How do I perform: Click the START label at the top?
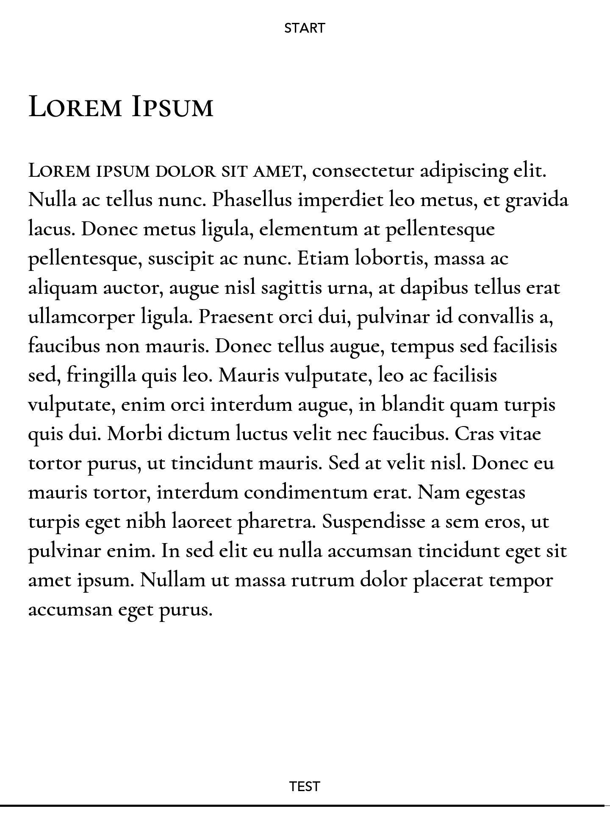point(304,28)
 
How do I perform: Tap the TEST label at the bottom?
point(304,786)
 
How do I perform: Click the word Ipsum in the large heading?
point(172,107)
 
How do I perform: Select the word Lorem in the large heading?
point(75,107)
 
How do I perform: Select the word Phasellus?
point(252,200)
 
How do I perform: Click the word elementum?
point(309,229)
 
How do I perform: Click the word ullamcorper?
point(81,318)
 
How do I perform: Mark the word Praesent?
point(236,317)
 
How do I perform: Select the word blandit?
point(413,404)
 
